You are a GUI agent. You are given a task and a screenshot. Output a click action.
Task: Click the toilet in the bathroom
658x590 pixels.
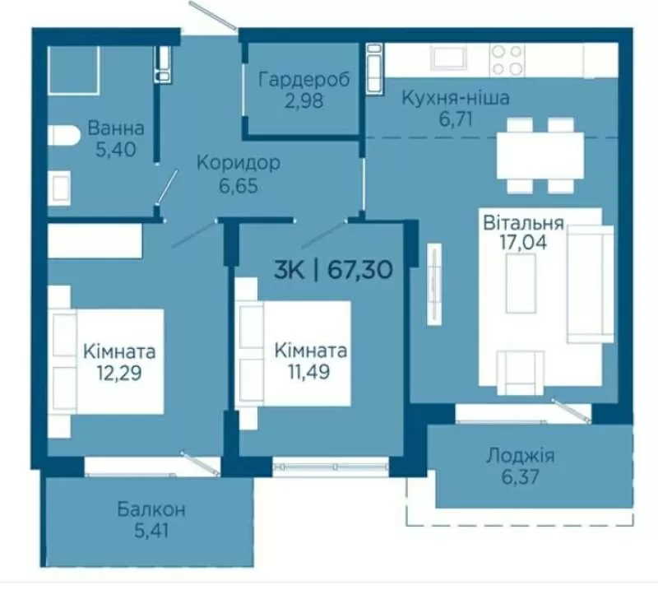click(x=63, y=135)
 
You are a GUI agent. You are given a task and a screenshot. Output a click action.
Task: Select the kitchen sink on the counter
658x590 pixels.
click(x=450, y=58)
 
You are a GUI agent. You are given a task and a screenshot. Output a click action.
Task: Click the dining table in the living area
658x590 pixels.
click(x=540, y=156)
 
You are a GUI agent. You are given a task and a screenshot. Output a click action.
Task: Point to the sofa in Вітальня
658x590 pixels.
click(x=591, y=284)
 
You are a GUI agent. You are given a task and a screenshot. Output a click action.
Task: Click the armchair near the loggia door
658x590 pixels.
click(x=521, y=373)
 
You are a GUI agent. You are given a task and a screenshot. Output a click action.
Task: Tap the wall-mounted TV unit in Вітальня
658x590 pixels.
click(x=435, y=284)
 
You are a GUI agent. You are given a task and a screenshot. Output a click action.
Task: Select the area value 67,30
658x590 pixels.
click(x=360, y=269)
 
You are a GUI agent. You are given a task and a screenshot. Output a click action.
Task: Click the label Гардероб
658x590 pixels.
click(x=304, y=79)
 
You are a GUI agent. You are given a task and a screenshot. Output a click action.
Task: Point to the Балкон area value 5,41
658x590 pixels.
click(x=151, y=531)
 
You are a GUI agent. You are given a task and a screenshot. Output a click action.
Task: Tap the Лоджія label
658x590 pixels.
click(x=521, y=456)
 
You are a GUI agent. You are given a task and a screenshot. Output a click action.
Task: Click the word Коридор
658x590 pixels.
click(x=239, y=163)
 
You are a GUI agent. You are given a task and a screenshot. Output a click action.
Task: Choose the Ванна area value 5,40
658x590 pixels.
click(x=116, y=150)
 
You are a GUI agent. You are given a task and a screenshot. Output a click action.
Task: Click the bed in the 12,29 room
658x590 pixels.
click(x=105, y=361)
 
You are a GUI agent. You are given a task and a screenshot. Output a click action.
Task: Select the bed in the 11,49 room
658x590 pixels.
click(x=293, y=353)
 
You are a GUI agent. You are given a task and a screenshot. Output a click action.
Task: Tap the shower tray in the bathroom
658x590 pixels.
click(x=73, y=69)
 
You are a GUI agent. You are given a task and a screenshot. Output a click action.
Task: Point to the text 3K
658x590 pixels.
click(x=290, y=269)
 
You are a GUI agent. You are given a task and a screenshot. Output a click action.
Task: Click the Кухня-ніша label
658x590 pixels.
click(x=456, y=98)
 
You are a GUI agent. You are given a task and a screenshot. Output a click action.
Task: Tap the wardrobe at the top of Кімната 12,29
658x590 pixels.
click(x=95, y=240)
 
